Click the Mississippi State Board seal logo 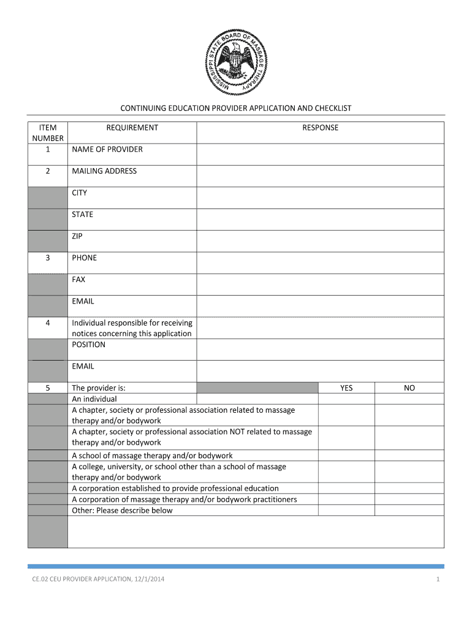pos(235,64)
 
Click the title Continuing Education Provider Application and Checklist pos(235,108)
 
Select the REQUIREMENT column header pos(132,128)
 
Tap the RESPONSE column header pos(320,128)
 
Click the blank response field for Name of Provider pos(320,154)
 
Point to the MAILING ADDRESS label pos(104,171)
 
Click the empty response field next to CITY pos(320,197)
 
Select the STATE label pos(83,215)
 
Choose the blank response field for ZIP pos(320,241)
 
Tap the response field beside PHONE pos(320,262)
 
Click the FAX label pos(78,280)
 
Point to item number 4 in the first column pos(47,323)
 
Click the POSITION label pos(88,345)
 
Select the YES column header pos(346,388)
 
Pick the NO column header pos(409,388)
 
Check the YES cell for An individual pos(346,399)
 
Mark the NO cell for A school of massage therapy pos(409,456)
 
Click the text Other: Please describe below pos(122,510)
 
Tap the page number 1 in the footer pos(438,580)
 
